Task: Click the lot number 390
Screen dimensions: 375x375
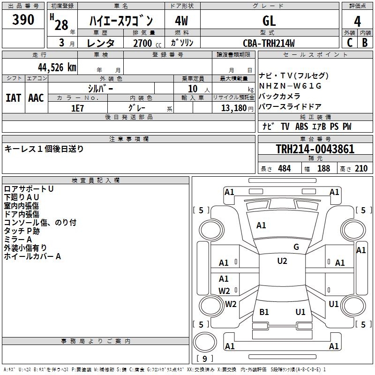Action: (x=23, y=20)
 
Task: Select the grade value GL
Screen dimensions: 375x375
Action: (x=269, y=21)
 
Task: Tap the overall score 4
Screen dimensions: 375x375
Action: (x=358, y=21)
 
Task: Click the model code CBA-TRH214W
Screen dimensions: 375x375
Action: (x=269, y=43)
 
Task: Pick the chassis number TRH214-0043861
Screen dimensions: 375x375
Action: (x=315, y=149)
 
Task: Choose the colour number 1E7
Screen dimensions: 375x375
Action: (x=77, y=107)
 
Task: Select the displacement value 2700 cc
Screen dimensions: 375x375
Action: (x=143, y=43)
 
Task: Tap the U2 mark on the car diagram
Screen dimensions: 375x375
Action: (x=282, y=261)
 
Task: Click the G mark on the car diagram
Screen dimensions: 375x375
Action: (x=296, y=247)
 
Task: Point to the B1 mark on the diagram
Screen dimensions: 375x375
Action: (x=264, y=312)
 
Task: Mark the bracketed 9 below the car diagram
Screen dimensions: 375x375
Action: (x=204, y=359)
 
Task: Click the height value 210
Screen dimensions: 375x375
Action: (x=361, y=168)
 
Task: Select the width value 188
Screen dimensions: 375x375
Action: (x=323, y=168)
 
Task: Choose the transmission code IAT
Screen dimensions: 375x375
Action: (x=13, y=98)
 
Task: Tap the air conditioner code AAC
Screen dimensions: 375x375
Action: (x=36, y=98)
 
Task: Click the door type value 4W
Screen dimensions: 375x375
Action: (x=181, y=21)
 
